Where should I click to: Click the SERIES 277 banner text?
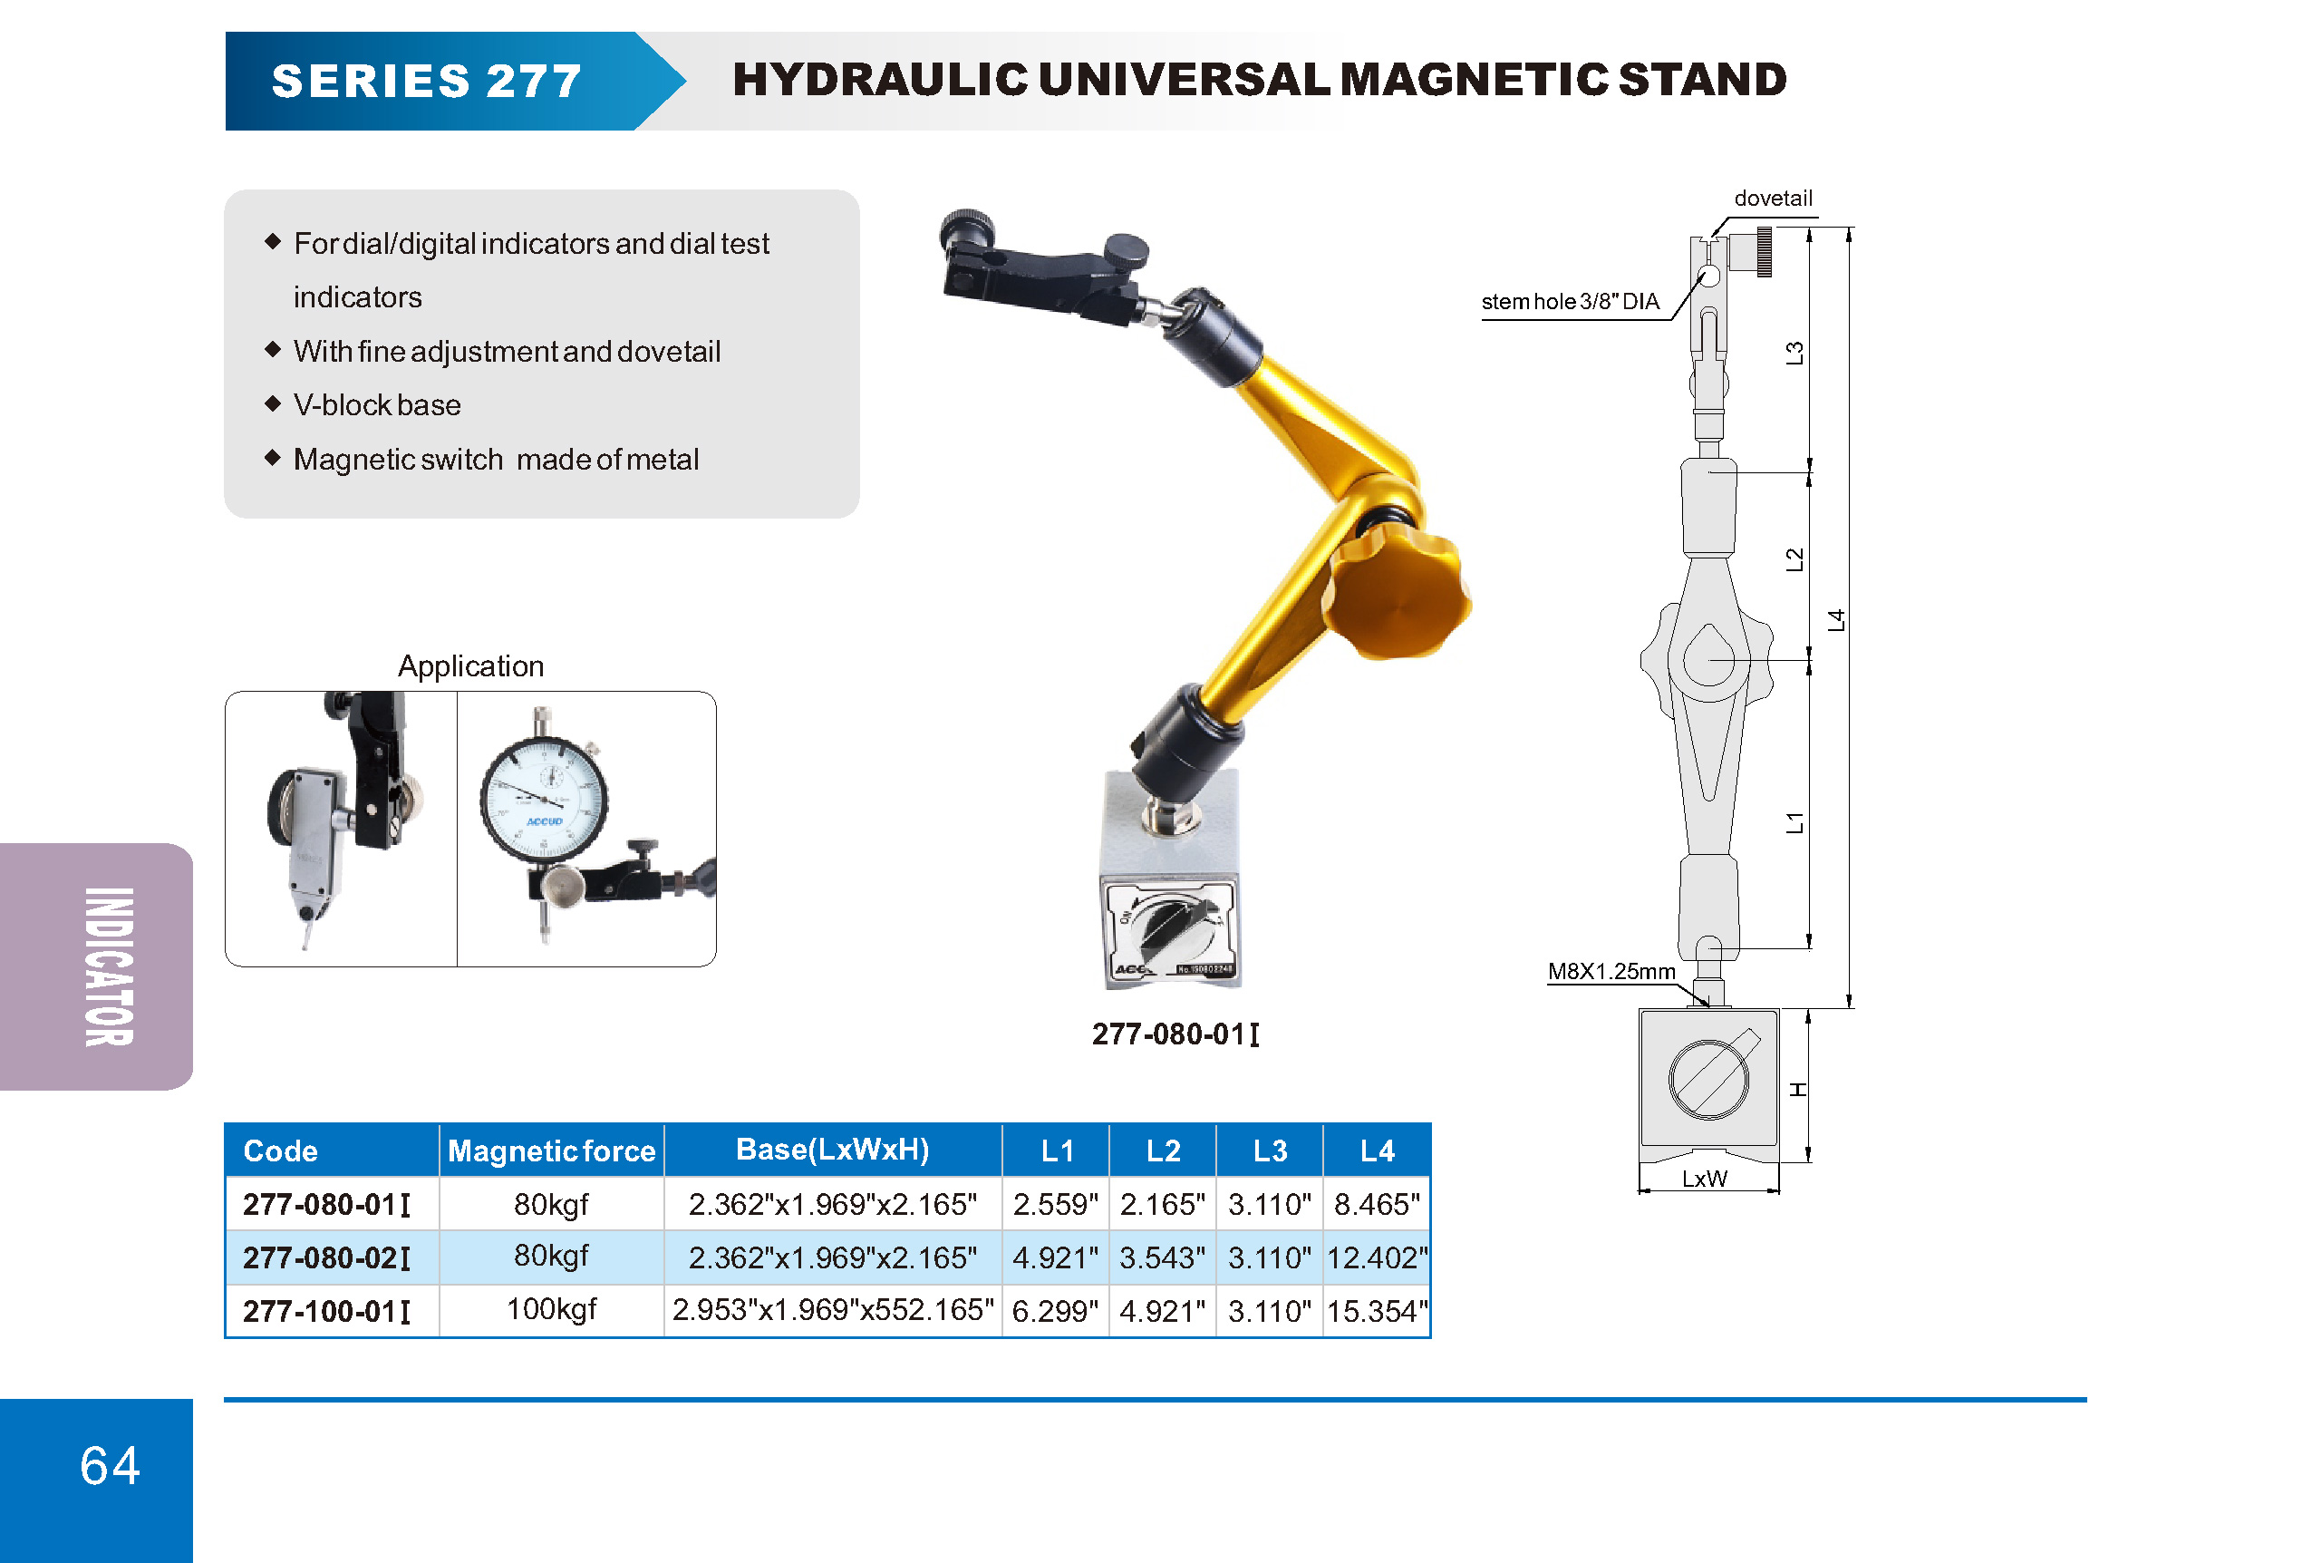tap(426, 81)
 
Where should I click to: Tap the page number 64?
tap(110, 1465)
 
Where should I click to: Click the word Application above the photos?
tap(470, 665)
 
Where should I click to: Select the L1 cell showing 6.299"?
tap(1055, 1310)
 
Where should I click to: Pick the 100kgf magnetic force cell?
tap(551, 1309)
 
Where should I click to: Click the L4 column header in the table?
tap(1377, 1151)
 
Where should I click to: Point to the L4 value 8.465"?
tap(1377, 1204)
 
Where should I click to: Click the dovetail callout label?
tap(1773, 198)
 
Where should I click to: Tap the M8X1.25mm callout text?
tap(1611, 971)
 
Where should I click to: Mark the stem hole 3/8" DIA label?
tap(1570, 302)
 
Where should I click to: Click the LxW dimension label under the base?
tap(1704, 1179)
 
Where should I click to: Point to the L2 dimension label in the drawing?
tap(1794, 560)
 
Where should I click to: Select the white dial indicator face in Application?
tap(543, 799)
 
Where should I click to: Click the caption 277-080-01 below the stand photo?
tap(1175, 1034)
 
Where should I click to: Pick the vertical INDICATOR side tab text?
tap(110, 966)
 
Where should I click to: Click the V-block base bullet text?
tap(377, 405)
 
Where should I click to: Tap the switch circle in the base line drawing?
tap(1708, 1080)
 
